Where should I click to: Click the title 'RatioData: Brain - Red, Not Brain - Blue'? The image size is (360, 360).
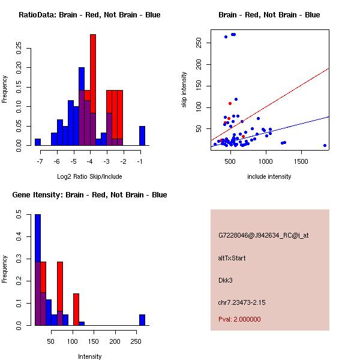point(89,15)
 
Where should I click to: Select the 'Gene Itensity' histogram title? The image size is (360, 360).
point(89,195)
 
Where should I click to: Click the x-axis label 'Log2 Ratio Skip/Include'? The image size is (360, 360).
point(89,176)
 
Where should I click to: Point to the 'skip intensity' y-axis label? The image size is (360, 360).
point(184,90)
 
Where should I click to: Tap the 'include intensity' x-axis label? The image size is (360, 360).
point(269,176)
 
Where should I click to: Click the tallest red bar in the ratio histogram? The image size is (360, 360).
point(93,90)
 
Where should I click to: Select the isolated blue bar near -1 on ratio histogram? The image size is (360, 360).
point(142,136)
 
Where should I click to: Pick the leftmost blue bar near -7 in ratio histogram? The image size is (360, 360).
point(38,142)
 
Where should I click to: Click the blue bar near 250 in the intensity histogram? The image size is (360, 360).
point(142,320)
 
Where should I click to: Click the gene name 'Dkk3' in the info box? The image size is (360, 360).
point(226,280)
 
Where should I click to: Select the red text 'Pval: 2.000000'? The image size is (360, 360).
point(239,319)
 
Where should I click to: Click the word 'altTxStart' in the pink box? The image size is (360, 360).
point(232,258)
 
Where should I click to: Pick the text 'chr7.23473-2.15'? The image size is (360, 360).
point(241,302)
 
